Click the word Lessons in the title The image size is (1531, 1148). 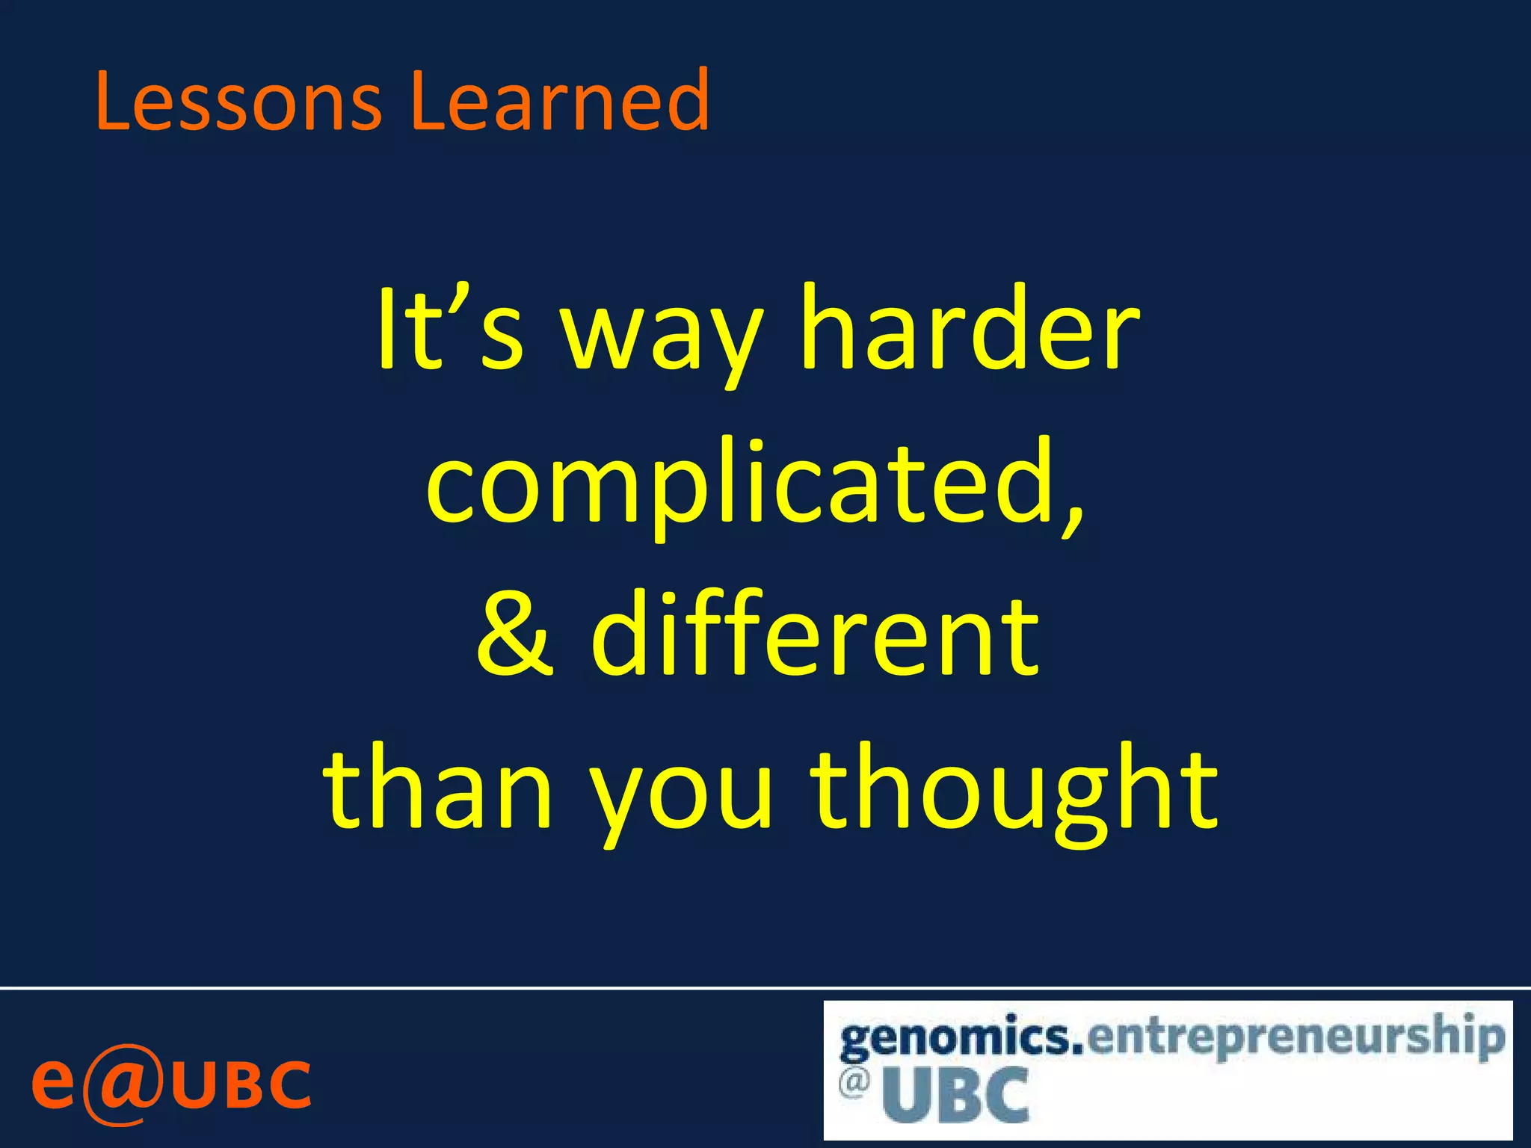238,101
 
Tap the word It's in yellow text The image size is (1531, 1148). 449,329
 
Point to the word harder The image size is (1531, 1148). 969,329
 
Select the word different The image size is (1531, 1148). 815,632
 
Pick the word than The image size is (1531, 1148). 438,789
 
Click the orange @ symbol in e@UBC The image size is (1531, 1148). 122,1084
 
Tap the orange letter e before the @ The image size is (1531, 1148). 53,1084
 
